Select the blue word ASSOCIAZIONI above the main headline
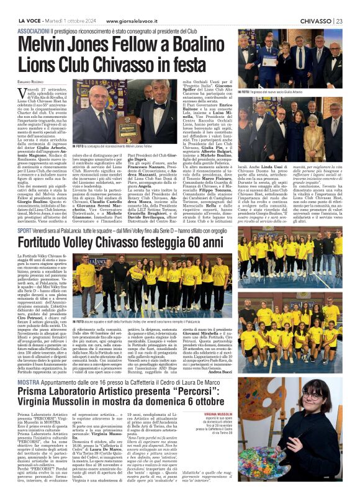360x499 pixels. click(36, 30)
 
